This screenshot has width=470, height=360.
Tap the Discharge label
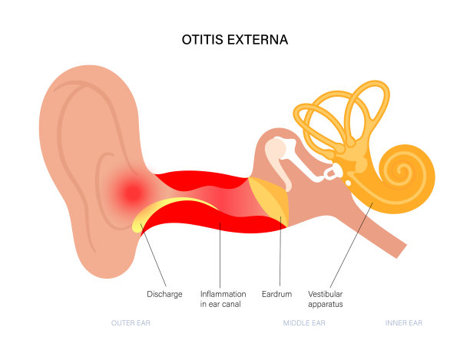pyautogui.click(x=164, y=294)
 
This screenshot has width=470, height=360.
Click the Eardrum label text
pyautogui.click(x=279, y=294)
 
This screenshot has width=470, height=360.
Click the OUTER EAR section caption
pyautogui.click(x=131, y=323)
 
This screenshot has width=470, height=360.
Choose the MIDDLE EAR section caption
pyautogui.click(x=304, y=323)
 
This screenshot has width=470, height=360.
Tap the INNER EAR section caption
pyautogui.click(x=405, y=323)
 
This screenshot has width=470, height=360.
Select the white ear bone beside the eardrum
pyautogui.click(x=279, y=157)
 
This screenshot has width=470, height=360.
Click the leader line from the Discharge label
pyautogui.click(x=154, y=257)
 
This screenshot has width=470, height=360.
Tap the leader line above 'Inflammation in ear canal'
pyautogui.click(x=220, y=253)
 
